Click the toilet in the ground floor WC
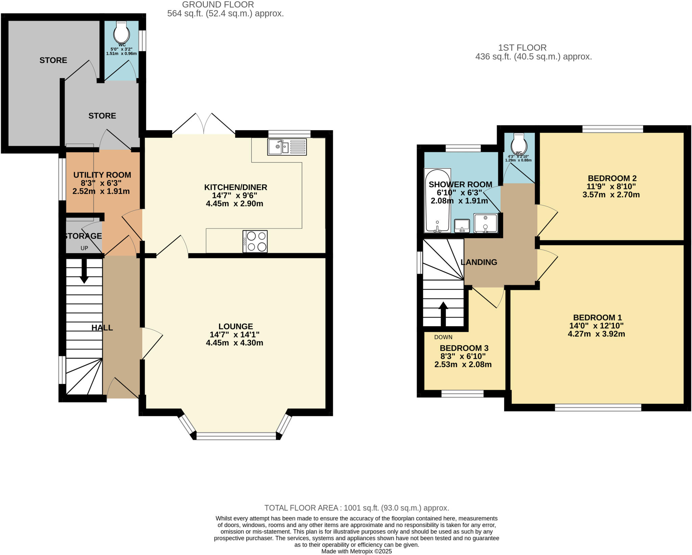(121, 33)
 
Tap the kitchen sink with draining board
(287, 147)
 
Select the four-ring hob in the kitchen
(255, 241)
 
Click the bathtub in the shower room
(438, 201)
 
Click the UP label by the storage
(84, 248)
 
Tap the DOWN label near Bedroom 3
(443, 337)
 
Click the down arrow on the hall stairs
(84, 272)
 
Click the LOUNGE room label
(236, 327)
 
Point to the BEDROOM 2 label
(612, 178)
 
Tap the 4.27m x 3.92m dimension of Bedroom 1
(596, 334)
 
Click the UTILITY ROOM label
(102, 175)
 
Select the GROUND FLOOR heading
(218, 5)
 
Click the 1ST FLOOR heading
(522, 48)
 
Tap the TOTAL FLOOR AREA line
(356, 508)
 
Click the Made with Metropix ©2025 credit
(356, 551)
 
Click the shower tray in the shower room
(485, 223)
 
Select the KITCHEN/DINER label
(236, 187)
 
